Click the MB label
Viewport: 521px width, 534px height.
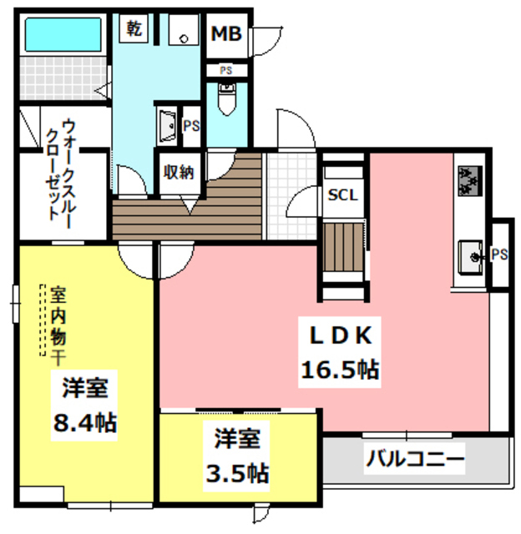[225, 33]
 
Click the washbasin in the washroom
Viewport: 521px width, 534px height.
[166, 127]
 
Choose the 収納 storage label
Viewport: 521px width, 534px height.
[178, 173]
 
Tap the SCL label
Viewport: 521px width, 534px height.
[342, 196]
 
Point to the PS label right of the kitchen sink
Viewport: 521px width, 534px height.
[500, 254]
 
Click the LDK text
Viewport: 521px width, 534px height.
[340, 335]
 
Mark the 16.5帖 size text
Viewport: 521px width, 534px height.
[340, 369]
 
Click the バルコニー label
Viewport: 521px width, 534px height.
[414, 459]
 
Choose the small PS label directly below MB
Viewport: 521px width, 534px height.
[225, 70]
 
